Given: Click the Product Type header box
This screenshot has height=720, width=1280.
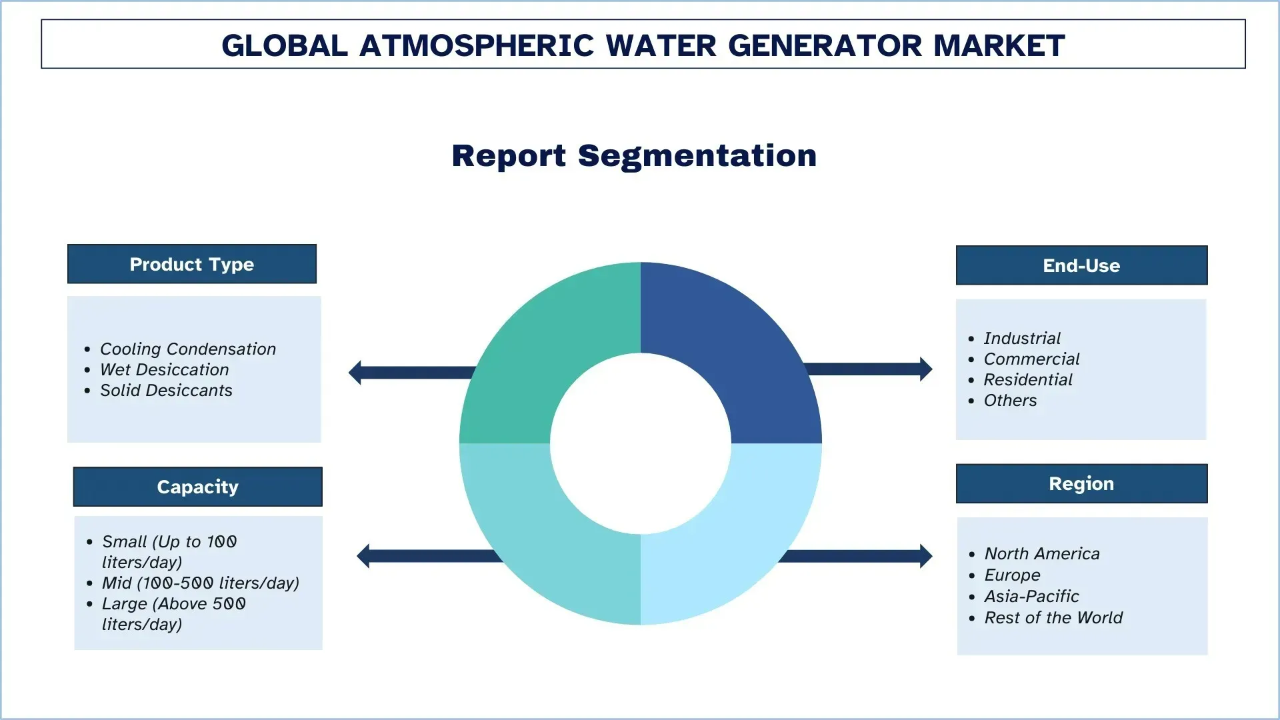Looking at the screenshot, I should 192,264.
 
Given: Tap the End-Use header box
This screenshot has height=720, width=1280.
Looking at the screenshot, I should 1081,265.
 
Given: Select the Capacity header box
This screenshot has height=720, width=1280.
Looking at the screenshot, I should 197,487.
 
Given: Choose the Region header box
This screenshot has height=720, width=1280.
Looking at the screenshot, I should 1081,483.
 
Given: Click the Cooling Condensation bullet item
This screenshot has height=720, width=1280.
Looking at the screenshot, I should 187,349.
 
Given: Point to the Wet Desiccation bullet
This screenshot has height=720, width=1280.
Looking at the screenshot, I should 164,369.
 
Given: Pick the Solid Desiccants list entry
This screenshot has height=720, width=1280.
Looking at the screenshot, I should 166,390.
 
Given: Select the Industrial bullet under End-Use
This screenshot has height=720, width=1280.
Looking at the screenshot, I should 1021,338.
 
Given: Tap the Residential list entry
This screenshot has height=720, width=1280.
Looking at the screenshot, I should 1027,379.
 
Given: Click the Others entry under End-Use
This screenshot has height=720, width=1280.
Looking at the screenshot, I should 1010,400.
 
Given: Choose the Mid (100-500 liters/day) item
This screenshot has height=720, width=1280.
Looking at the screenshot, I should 200,583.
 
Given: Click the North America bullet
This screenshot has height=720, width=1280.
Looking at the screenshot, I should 1041,553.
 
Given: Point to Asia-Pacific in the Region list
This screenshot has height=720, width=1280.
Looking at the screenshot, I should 1031,596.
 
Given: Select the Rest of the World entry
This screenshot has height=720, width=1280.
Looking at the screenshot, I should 1053,617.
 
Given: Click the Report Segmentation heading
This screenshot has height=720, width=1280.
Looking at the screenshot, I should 634,155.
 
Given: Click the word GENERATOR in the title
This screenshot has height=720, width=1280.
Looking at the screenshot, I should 825,45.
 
